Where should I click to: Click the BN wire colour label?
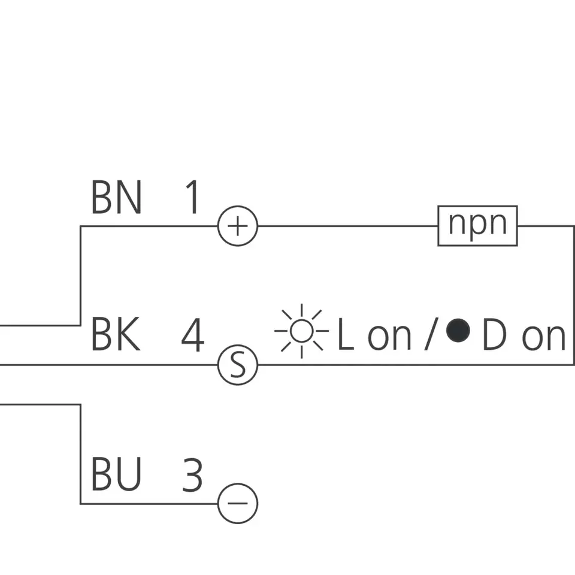[116, 198]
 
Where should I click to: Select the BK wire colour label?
[116, 335]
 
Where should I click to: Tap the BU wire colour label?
[116, 475]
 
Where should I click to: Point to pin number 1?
[192, 198]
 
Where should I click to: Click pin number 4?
[193, 335]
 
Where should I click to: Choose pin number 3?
[192, 475]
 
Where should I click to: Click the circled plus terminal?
[238, 226]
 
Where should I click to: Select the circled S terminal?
[238, 365]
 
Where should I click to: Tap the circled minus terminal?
[238, 503]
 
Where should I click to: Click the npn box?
[477, 226]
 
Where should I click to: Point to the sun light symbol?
[301, 331]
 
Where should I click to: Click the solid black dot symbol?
[458, 330]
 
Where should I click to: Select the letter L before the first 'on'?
[345, 336]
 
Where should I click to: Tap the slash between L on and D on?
[429, 335]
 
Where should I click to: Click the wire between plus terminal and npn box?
[347, 226]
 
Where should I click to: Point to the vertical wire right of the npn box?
[574, 293]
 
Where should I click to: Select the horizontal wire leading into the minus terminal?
[150, 503]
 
